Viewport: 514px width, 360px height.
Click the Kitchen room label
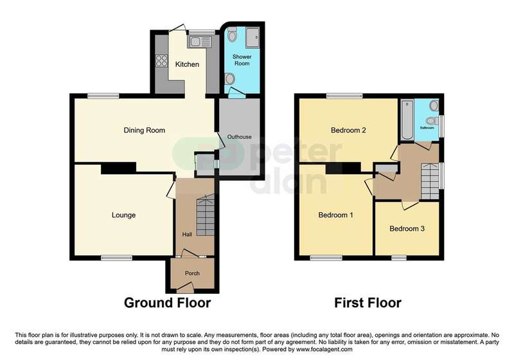187,64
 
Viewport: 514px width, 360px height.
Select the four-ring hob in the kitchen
162,61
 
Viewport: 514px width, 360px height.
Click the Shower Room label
242,60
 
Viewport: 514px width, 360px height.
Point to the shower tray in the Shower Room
253,38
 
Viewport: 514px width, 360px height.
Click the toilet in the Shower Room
232,35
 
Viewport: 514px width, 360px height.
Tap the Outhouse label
239,137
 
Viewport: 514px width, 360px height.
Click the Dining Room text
144,130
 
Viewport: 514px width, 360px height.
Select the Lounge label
123,215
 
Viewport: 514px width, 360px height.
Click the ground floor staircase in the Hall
205,215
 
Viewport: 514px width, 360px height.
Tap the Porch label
192,273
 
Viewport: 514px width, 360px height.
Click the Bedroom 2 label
348,130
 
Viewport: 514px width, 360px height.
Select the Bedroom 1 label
335,215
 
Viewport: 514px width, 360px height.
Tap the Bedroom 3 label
407,228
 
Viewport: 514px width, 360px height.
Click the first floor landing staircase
430,181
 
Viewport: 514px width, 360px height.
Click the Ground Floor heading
167,303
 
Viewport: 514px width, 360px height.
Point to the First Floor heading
368,303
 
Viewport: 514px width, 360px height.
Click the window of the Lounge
116,258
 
